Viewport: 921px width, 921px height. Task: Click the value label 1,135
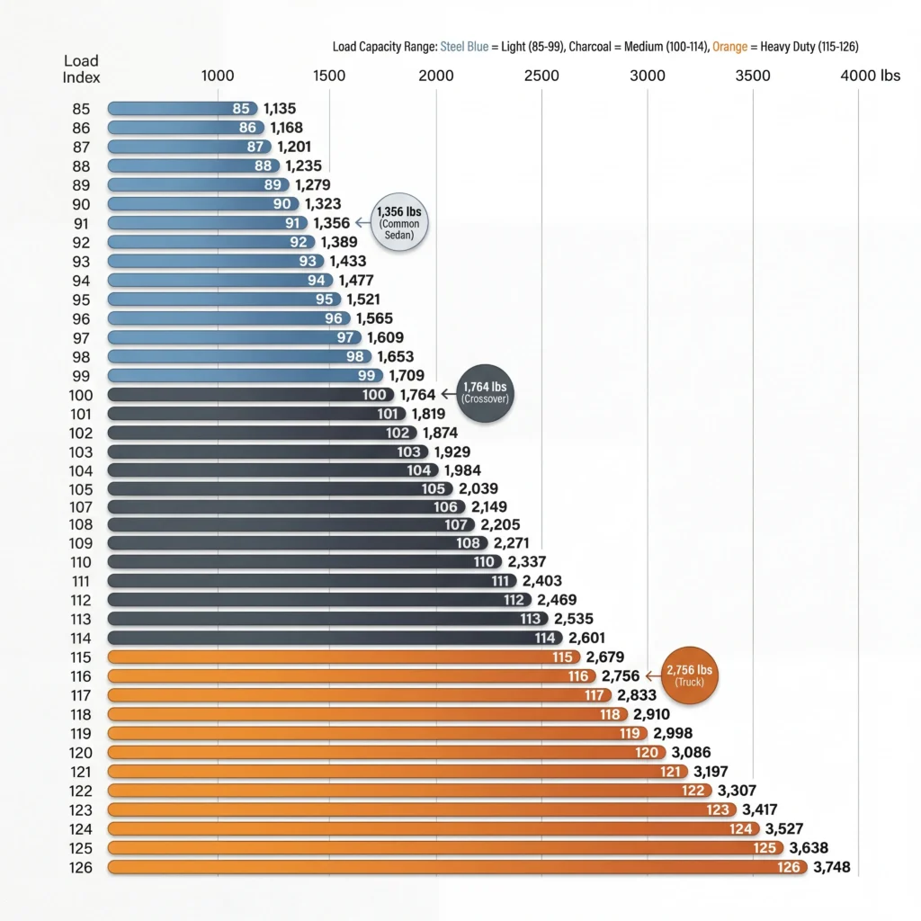pyautogui.click(x=280, y=109)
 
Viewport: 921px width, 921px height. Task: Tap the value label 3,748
pyautogui.click(x=831, y=867)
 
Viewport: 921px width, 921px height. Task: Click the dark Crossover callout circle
pyautogui.click(x=486, y=392)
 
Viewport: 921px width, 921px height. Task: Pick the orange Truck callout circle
pyautogui.click(x=691, y=674)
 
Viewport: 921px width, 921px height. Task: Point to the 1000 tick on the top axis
pyautogui.click(x=218, y=76)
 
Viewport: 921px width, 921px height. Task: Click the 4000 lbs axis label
pyautogui.click(x=870, y=76)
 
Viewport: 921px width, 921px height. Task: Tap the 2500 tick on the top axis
pyautogui.click(x=541, y=76)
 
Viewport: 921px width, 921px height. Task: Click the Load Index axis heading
pyautogui.click(x=81, y=69)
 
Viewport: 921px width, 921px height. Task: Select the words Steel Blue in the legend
pyautogui.click(x=465, y=46)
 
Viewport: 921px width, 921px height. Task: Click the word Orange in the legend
pyautogui.click(x=729, y=46)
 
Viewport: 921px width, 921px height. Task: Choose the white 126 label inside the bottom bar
pyautogui.click(x=790, y=867)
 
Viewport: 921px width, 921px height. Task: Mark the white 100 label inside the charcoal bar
pyautogui.click(x=375, y=394)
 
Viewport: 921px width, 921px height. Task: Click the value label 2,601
pyautogui.click(x=587, y=638)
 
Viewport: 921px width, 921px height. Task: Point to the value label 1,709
pyautogui.click(x=407, y=375)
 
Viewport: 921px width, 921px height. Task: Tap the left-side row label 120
pyautogui.click(x=81, y=752)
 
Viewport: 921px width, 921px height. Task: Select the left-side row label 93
pyautogui.click(x=81, y=261)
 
